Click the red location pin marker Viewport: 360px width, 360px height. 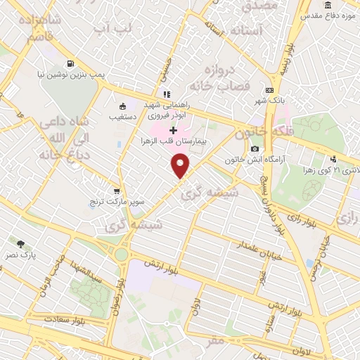click(x=181, y=166)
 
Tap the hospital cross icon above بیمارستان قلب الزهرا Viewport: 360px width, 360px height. click(x=173, y=130)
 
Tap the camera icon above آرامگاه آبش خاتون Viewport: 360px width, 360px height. click(x=254, y=148)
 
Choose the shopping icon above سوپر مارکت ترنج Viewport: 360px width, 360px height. click(x=116, y=191)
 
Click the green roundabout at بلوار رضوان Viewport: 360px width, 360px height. click(x=122, y=255)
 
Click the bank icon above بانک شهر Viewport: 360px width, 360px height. click(x=269, y=91)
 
